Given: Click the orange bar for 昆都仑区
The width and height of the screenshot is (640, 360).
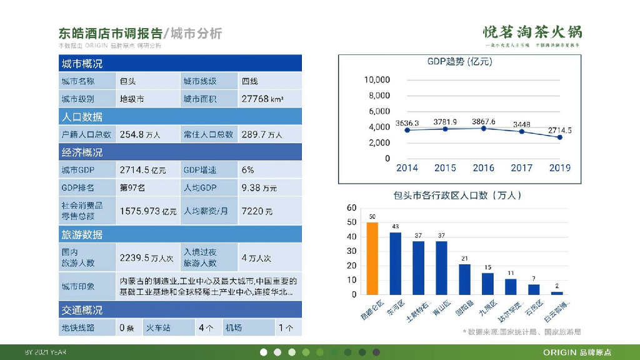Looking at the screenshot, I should click(x=372, y=258).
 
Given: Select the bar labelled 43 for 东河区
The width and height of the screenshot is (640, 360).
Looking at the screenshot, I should click(x=396, y=263).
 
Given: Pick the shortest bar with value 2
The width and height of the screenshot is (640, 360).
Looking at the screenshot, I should click(x=557, y=292).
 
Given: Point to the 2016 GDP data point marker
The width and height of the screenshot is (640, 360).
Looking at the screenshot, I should click(x=484, y=128).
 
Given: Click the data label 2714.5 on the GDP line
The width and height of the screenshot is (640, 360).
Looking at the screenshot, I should click(x=560, y=130).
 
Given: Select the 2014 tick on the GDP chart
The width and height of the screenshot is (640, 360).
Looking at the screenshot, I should click(x=407, y=167).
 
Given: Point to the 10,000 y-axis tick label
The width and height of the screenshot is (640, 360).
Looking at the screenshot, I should click(x=377, y=80).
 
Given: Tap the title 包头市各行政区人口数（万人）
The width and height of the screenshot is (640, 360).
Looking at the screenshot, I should click(x=457, y=196).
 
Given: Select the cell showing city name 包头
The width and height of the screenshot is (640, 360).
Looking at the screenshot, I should click(x=128, y=81).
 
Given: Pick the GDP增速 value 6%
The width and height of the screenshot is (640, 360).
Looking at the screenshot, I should click(x=248, y=170).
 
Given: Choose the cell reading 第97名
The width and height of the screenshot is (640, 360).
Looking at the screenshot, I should click(x=132, y=187).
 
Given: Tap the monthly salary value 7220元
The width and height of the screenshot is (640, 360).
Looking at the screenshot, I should click(x=257, y=211).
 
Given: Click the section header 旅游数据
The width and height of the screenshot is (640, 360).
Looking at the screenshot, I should click(x=82, y=234).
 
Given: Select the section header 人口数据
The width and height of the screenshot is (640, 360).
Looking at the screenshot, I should click(x=82, y=117).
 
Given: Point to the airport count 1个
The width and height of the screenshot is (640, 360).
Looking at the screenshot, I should click(x=286, y=327).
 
